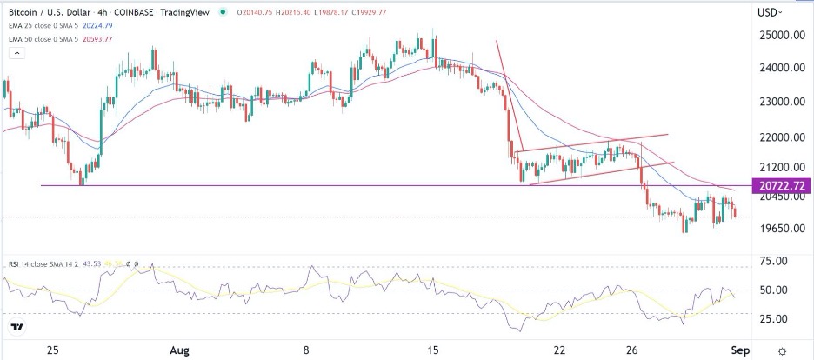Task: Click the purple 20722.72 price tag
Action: [784, 185]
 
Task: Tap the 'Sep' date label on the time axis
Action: [743, 350]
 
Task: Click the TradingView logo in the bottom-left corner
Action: [17, 327]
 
